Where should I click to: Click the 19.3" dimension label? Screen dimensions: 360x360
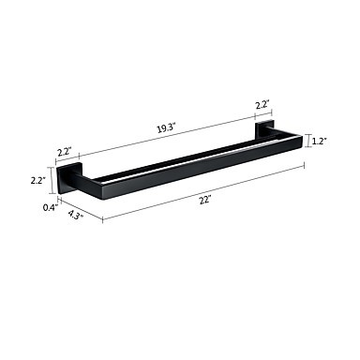pyautogui.click(x=166, y=128)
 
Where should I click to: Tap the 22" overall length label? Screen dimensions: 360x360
pyautogui.click(x=205, y=200)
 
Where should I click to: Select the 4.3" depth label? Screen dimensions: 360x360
pyautogui.click(x=75, y=215)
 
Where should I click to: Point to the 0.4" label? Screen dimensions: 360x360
pyautogui.click(x=51, y=207)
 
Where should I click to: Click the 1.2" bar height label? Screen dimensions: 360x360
pyautogui.click(x=320, y=142)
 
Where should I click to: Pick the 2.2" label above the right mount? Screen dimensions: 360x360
pyautogui.click(x=262, y=105)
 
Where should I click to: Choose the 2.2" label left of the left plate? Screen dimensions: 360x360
pyautogui.click(x=38, y=180)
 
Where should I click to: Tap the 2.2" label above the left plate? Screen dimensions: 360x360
pyautogui.click(x=65, y=152)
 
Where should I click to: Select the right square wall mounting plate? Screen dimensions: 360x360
pyautogui.click(x=264, y=130)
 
